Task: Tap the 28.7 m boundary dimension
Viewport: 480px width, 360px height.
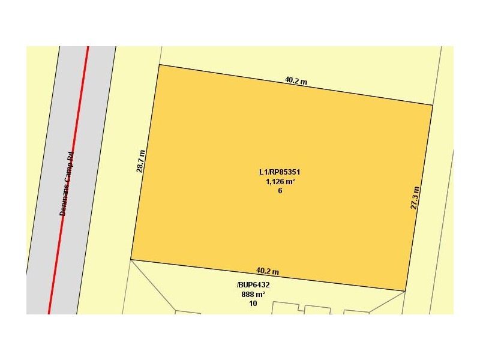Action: (x=140, y=161)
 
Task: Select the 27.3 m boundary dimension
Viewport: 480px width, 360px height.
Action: (x=415, y=197)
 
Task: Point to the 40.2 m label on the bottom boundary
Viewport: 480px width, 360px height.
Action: (x=268, y=271)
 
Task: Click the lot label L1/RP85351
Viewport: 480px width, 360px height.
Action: (x=280, y=172)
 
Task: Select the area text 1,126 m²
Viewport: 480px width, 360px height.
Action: (x=280, y=182)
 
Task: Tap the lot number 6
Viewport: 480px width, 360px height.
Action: (x=280, y=191)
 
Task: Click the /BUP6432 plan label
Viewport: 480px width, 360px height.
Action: (x=253, y=285)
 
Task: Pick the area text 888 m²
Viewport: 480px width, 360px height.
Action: (x=253, y=295)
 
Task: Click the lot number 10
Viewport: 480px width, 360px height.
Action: (x=253, y=304)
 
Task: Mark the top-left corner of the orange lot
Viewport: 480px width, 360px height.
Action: (x=159, y=65)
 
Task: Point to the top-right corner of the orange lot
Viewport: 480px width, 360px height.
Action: (x=433, y=105)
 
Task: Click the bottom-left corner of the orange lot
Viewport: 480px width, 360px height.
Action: (x=131, y=260)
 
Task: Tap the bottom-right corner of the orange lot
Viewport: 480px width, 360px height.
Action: (x=406, y=291)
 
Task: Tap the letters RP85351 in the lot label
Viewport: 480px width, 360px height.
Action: (x=286, y=172)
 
